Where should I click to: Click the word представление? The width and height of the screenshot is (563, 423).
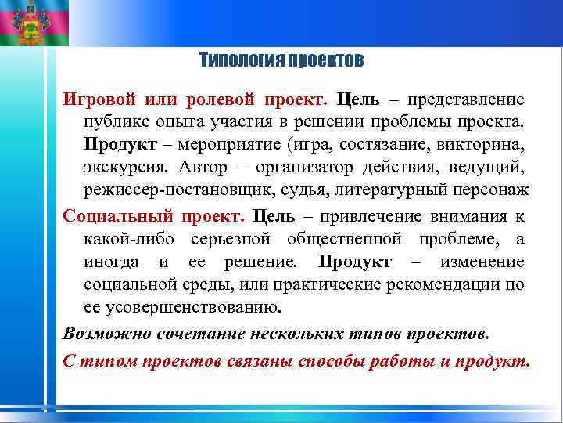(x=466, y=101)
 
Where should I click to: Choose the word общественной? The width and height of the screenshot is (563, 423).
(x=345, y=238)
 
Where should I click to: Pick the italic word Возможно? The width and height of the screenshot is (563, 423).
(x=99, y=332)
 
